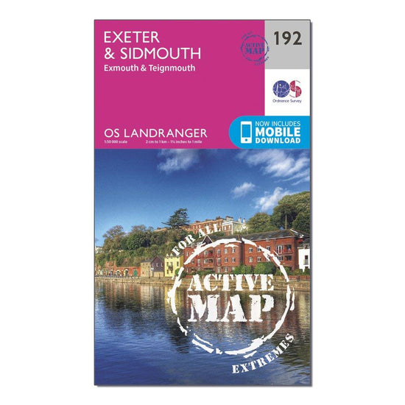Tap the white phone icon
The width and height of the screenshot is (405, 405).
pyautogui.click(x=244, y=131)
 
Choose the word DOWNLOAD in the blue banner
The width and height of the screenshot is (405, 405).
pyautogui.click(x=278, y=140)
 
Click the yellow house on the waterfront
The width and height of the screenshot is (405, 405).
pyautogui.click(x=173, y=266)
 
